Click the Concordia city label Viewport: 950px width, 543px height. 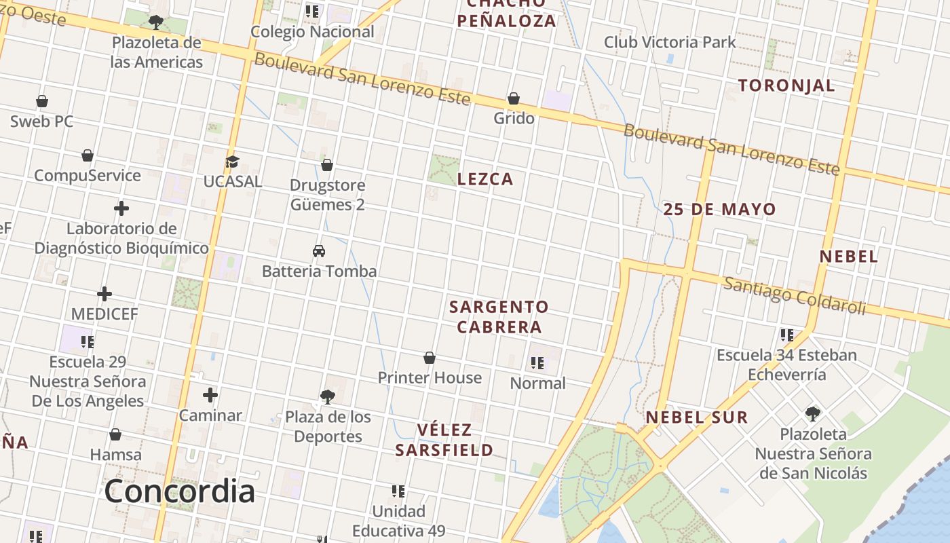(x=179, y=491)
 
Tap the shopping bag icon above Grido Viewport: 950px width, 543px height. (x=514, y=99)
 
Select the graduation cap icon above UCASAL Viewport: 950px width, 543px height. (x=233, y=162)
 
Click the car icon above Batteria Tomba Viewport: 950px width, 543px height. (x=319, y=251)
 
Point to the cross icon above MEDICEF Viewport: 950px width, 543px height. (x=104, y=294)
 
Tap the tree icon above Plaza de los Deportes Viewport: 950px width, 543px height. (x=328, y=396)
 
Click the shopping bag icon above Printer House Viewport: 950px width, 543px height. (x=430, y=358)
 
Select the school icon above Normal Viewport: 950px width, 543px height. (x=537, y=363)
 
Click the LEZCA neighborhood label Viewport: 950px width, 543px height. (x=485, y=179)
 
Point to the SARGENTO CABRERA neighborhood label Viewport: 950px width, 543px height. (x=499, y=317)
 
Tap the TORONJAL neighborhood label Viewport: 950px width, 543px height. (x=786, y=86)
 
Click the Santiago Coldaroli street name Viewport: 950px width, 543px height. (x=795, y=295)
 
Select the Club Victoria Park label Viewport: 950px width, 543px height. (x=670, y=42)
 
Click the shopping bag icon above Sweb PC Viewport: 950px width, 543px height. (x=42, y=102)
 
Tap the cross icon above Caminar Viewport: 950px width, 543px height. (x=210, y=395)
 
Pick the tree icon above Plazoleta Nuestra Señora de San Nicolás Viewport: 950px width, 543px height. (x=812, y=413)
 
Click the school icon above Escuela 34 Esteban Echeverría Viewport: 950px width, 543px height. (x=787, y=335)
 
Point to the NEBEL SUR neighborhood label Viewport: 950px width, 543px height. (x=696, y=417)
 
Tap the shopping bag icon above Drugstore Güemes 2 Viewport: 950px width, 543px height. (x=327, y=165)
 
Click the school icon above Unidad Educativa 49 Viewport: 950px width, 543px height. (x=398, y=491)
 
